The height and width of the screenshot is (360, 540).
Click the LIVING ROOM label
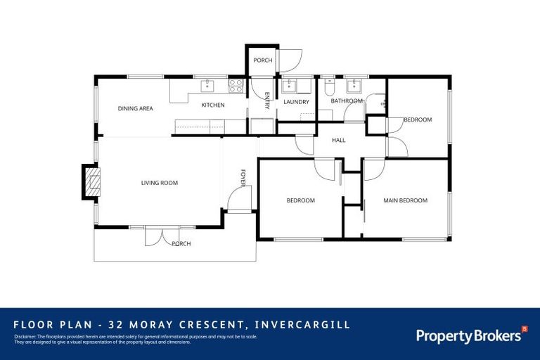tap(160, 183)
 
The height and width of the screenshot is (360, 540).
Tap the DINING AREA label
tap(136, 108)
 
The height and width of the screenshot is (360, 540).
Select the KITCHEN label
tap(213, 105)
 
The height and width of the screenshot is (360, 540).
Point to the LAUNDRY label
tap(296, 102)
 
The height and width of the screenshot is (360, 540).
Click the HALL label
tap(339, 141)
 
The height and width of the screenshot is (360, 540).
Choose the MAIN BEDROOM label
tap(405, 200)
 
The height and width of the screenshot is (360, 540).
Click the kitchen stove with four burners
tap(236, 86)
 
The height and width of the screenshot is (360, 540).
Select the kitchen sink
tap(207, 86)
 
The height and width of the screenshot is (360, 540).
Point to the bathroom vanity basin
tap(354, 86)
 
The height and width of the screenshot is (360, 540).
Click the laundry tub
tap(290, 86)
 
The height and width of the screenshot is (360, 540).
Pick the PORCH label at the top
tap(262, 60)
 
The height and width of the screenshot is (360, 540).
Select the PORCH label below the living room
tap(181, 244)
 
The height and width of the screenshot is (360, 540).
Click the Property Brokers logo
tap(470, 335)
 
